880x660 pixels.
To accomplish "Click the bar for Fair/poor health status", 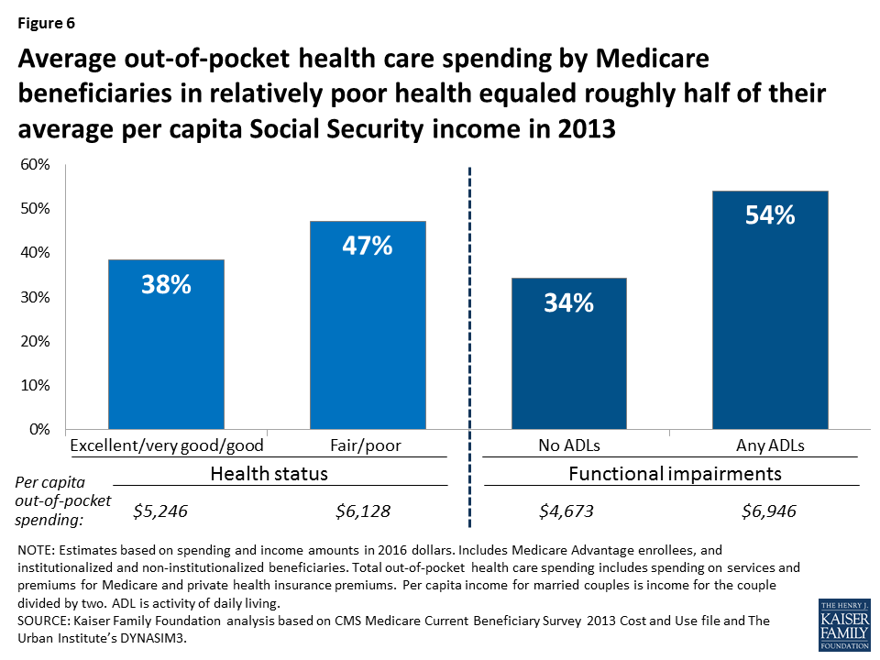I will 368,325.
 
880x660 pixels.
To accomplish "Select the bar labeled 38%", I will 166,345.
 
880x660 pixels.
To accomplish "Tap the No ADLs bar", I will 568,354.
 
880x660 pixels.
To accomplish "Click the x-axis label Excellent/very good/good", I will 167,445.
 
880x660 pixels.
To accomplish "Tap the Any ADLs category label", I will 770,445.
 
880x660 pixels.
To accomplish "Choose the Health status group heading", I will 269,474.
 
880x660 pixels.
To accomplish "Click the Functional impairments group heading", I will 675,474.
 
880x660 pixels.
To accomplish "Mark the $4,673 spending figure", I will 566,511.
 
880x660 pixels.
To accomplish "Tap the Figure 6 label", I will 49,24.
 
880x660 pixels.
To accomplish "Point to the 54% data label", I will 770,216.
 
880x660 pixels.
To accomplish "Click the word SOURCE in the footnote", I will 45,621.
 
